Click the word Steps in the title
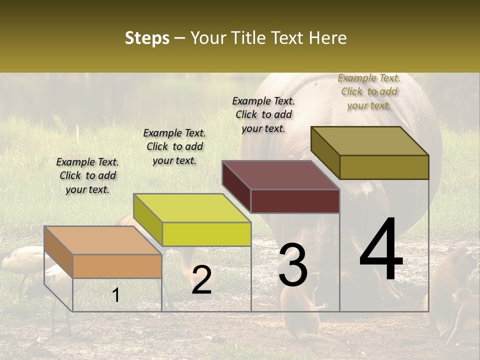click(x=147, y=38)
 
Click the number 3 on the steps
click(x=293, y=265)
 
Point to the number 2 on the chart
click(x=201, y=280)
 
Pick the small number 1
click(x=116, y=295)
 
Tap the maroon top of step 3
click(x=280, y=175)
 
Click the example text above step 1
click(x=87, y=175)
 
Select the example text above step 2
click(x=174, y=146)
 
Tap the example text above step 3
click(x=263, y=114)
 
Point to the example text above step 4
click(x=369, y=91)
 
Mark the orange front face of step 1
click(x=117, y=266)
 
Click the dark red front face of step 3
click(x=295, y=201)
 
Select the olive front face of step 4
click(x=384, y=167)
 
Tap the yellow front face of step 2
click(x=206, y=234)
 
